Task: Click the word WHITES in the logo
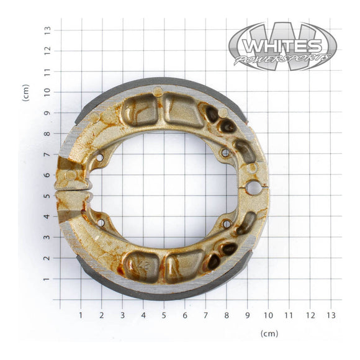[282, 47]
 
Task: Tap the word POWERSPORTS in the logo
[282, 60]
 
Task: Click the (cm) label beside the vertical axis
[26, 93]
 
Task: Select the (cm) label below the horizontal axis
[269, 333]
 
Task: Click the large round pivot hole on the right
[253, 186]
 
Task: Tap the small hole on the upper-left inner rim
[100, 158]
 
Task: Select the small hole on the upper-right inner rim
[225, 153]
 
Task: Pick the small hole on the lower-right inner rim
[226, 223]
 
